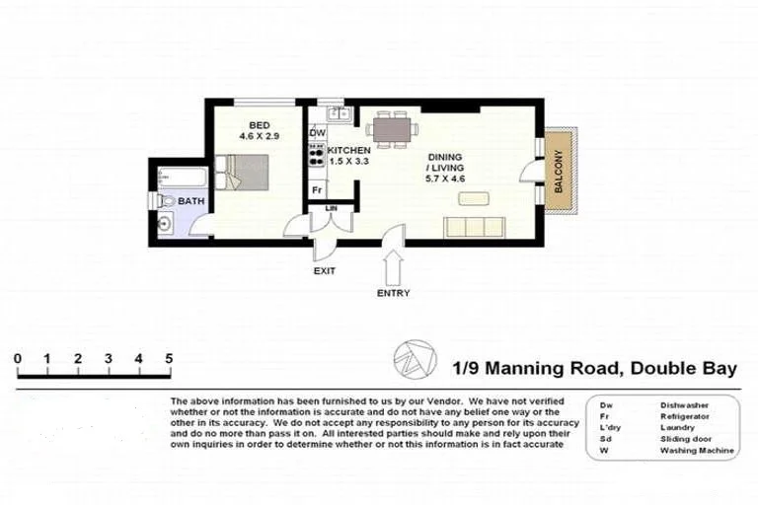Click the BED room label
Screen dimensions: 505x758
point(259,124)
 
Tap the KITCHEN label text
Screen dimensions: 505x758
point(349,149)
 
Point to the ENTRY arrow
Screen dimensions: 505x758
point(393,263)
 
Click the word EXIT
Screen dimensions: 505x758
point(326,270)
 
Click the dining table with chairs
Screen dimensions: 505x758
point(393,129)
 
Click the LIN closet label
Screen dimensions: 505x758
point(330,207)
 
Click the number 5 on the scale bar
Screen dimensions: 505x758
point(170,358)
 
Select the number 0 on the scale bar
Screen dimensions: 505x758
point(17,358)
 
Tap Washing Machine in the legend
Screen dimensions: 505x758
point(697,451)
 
